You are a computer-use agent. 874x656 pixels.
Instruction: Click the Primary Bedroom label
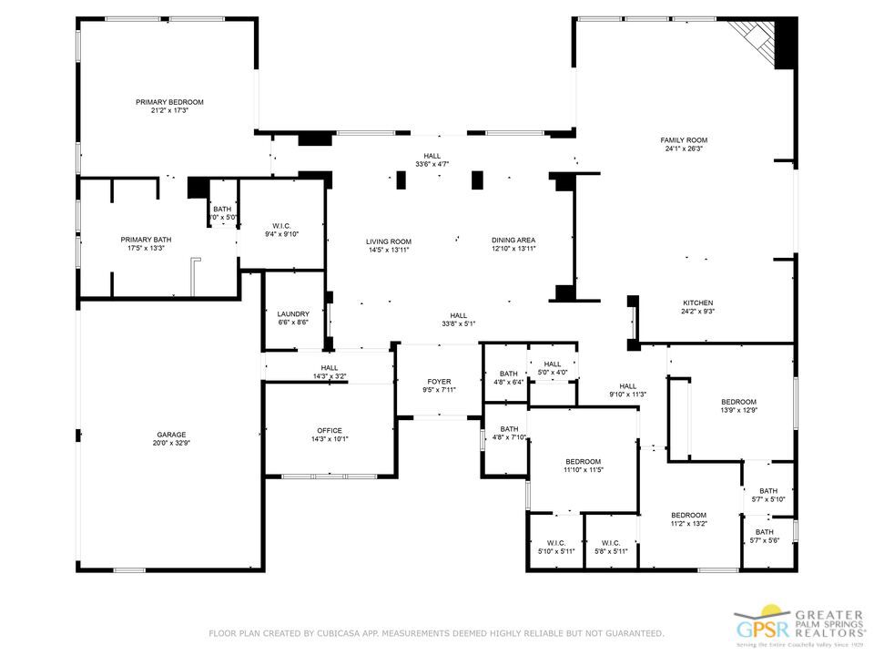169,102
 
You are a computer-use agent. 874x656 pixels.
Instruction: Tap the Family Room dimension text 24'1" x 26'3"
684,149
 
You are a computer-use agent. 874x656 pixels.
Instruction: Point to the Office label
329,430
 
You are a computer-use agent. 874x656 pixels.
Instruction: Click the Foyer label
439,382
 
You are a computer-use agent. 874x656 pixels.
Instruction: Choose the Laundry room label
293,313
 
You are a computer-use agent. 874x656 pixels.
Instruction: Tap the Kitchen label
698,302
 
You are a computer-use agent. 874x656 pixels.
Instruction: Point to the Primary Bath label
146,240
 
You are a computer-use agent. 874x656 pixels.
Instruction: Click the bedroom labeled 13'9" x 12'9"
738,401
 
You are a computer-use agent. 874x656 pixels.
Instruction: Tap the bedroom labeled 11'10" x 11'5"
583,461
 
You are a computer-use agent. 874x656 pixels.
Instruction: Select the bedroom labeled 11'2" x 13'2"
689,515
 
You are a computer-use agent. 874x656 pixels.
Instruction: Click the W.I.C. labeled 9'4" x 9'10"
281,225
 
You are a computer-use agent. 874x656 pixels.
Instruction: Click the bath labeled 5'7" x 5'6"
765,532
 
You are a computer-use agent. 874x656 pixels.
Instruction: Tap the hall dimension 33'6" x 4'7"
432,164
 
